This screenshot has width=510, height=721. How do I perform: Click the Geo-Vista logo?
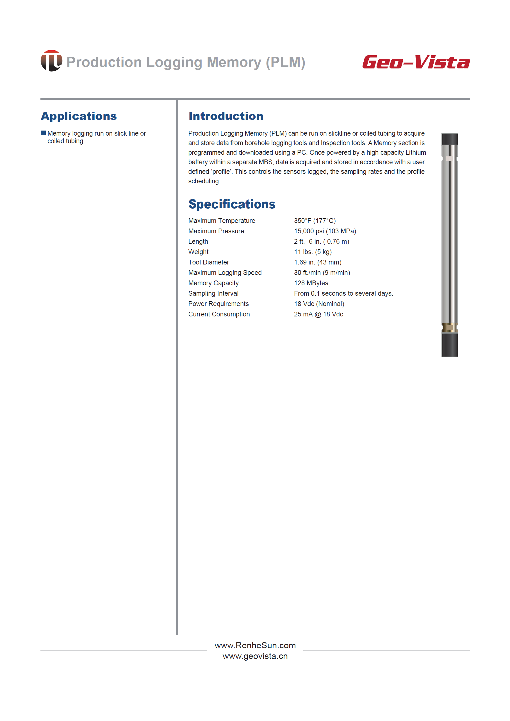[416, 62]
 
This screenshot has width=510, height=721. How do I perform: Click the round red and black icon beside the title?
[51, 61]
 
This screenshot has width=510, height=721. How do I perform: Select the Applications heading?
[79, 116]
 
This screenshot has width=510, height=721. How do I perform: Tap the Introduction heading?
[226, 116]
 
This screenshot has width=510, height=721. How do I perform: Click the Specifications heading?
[232, 204]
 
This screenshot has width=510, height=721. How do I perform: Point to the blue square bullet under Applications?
[43, 133]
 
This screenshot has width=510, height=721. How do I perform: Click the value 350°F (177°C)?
[315, 221]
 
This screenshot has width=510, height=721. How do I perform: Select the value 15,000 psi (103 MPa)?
[325, 231]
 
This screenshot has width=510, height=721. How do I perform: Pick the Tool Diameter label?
[209, 262]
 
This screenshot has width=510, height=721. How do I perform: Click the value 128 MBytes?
[311, 283]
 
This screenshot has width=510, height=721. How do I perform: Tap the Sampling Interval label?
[213, 293]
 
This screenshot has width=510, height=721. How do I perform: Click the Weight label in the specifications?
[198, 252]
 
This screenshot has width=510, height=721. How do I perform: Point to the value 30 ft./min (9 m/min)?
[322, 273]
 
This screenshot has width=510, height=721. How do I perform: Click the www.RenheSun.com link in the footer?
[255, 645]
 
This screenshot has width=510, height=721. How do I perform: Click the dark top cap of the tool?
[449, 139]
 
